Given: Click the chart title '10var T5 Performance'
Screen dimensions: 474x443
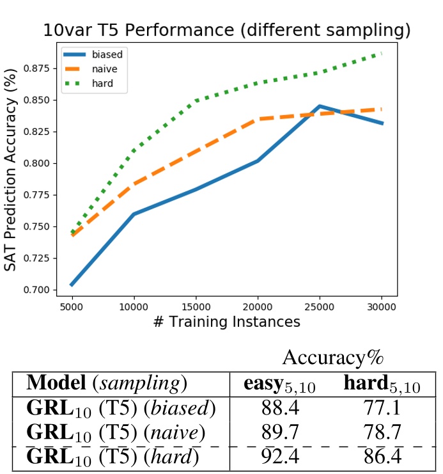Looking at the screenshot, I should click(226, 30).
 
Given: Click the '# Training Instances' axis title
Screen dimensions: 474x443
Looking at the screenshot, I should click(226, 322).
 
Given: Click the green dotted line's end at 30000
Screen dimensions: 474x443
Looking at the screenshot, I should click(382, 54).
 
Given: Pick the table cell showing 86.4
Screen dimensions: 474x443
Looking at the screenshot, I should click(382, 457).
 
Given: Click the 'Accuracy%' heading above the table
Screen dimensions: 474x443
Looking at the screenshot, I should click(332, 356).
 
